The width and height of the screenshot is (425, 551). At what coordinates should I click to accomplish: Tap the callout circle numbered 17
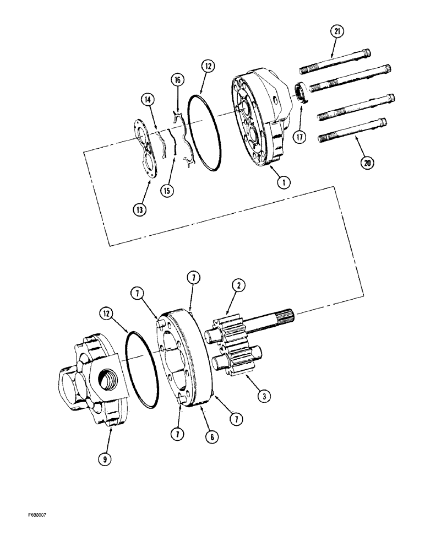coord(299,137)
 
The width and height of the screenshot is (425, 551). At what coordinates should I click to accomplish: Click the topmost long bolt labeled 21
coord(335,61)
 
